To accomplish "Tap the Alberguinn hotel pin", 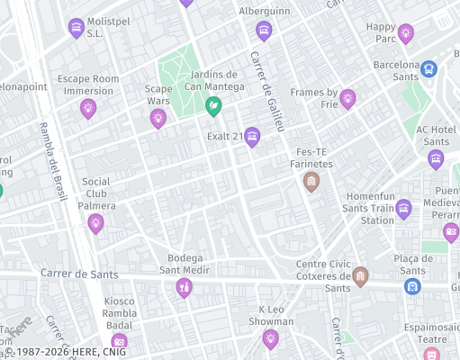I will point(264,31).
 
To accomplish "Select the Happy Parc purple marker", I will point(405,34).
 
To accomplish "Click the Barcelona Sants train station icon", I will point(428,67).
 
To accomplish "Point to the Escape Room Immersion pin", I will point(88,109).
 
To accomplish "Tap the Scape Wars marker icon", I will point(158,117).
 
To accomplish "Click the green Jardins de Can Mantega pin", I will point(214,107).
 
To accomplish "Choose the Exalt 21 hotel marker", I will point(252,137).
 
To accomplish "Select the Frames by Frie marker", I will point(347,98).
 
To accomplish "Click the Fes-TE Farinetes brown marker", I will point(311,183).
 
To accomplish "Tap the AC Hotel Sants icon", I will point(437,159).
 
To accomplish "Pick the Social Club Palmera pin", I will point(96,223).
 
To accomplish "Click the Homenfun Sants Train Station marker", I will point(403,209).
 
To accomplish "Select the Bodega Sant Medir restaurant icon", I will point(185,287).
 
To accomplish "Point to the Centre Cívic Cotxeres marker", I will point(360,275).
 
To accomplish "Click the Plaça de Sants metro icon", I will point(412,286).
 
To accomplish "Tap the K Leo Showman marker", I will point(270,338).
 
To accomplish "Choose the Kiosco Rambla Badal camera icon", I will point(119,341).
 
